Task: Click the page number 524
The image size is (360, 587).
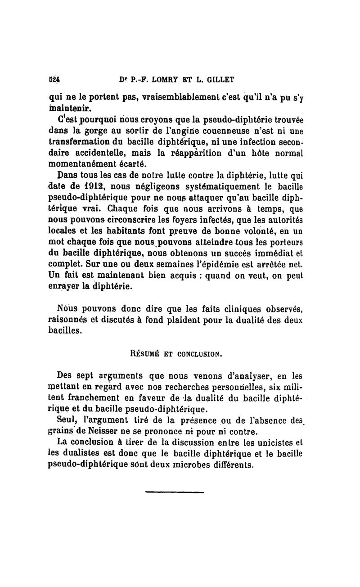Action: coord(55,80)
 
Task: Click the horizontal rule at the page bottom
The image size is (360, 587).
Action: coord(175,492)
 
